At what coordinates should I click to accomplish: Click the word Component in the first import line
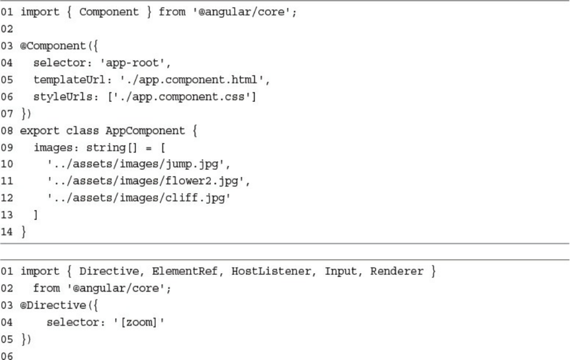pyautogui.click(x=108, y=12)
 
